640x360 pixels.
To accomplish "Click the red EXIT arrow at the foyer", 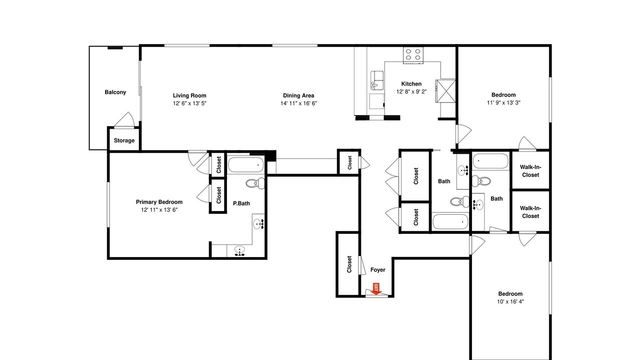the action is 376,289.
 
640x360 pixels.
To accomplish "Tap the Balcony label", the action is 115,92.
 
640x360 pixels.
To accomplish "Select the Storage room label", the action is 124,140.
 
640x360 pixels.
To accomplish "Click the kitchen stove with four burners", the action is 413,55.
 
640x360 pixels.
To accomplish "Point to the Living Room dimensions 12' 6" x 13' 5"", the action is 189,103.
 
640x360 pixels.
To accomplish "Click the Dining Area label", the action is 298,95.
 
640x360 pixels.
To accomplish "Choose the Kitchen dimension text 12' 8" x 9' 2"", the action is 411,91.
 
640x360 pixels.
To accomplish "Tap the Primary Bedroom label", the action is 159,202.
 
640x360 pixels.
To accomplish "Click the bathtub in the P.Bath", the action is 245,165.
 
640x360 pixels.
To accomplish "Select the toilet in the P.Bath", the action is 255,183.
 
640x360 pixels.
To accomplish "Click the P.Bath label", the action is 241,203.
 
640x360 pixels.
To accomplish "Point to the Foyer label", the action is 377,269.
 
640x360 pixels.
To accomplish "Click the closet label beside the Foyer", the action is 349,264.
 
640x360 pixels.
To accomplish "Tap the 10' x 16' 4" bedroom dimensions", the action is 510,301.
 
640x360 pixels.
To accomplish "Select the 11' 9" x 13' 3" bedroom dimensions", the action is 503,102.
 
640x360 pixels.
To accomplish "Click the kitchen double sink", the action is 377,80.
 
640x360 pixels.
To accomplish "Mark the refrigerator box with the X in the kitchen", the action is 445,91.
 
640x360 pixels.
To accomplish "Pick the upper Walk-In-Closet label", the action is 530,171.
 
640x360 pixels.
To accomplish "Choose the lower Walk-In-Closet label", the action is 530,212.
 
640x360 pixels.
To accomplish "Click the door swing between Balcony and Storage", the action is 125,119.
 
